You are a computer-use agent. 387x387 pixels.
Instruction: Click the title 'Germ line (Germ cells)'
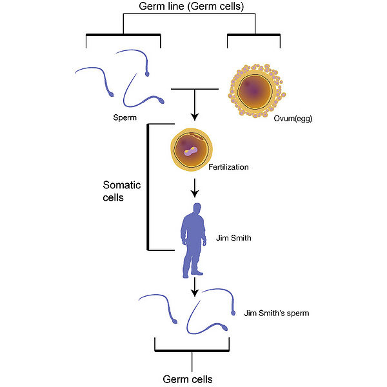[x=192, y=6]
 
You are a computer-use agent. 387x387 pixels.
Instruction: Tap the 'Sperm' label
[x=125, y=117]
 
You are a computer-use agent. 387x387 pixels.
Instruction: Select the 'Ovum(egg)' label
[x=293, y=119]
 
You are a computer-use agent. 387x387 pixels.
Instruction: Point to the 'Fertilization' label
[x=228, y=167]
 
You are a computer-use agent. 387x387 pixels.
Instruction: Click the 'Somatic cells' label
[x=122, y=192]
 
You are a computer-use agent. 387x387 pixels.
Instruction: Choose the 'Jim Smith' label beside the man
[x=233, y=238]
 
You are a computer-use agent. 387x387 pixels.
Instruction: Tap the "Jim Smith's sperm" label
[x=277, y=313]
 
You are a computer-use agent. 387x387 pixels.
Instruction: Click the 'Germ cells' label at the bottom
[x=188, y=379]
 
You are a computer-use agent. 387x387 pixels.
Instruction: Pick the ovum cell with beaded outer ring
[x=257, y=91]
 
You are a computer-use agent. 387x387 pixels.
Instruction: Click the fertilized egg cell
[x=192, y=150]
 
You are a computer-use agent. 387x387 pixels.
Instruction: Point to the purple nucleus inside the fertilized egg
[x=191, y=152]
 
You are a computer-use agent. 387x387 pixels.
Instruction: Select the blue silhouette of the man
[x=193, y=241]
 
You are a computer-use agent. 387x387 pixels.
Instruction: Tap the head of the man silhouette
[x=197, y=208]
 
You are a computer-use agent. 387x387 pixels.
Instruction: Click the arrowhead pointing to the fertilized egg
[x=195, y=117]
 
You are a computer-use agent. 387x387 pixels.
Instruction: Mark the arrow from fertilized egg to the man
[x=195, y=188]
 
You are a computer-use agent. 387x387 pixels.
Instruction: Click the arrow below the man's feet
[x=195, y=287]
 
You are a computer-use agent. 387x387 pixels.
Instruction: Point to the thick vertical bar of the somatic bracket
[x=148, y=187]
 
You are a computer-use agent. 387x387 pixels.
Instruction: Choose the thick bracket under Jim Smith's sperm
[x=192, y=350]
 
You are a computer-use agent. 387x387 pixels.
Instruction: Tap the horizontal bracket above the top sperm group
[x=123, y=35]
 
